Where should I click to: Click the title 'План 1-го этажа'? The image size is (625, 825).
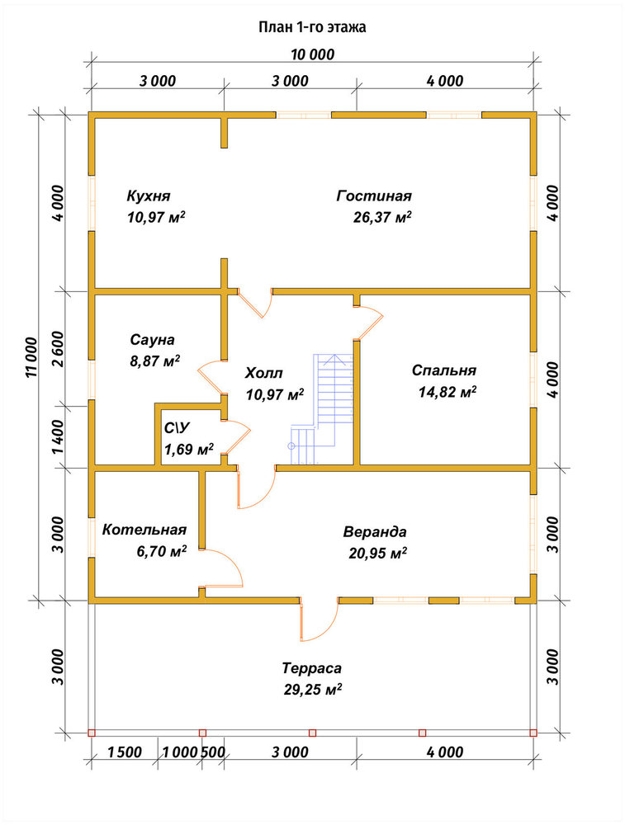click(312, 27)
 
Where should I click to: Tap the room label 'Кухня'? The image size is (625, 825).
click(149, 196)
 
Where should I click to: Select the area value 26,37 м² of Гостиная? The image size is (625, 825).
click(382, 217)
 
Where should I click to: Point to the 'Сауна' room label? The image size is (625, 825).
click(152, 340)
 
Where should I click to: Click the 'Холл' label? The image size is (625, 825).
click(264, 373)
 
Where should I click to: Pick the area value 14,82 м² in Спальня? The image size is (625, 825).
click(447, 392)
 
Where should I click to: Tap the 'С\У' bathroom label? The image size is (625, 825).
click(177, 428)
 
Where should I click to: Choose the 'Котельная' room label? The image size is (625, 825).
click(144, 530)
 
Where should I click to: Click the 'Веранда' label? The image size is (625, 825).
click(375, 531)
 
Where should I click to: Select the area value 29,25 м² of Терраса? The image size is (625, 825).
click(313, 689)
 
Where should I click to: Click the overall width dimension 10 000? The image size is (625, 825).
click(313, 54)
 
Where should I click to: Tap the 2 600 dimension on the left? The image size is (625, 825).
click(58, 348)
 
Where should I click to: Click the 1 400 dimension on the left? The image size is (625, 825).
click(58, 437)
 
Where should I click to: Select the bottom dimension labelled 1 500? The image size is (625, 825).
click(125, 752)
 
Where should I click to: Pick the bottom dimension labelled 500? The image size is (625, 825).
click(213, 752)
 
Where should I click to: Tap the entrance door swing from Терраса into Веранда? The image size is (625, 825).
click(319, 620)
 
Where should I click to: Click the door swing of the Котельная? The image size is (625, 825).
click(221, 568)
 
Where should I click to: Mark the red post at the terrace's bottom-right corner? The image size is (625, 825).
click(533, 733)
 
